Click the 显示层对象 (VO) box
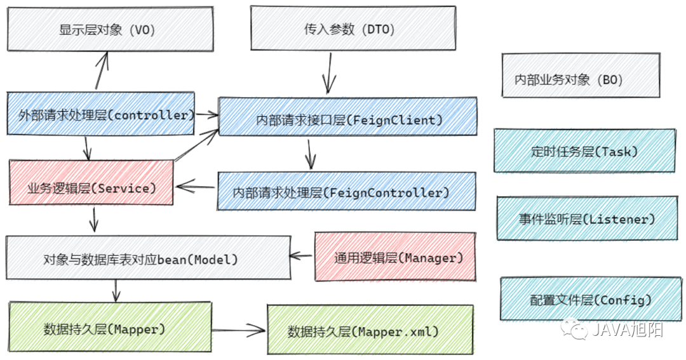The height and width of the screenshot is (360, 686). coord(111,29)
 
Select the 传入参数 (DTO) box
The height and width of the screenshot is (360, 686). coord(353,28)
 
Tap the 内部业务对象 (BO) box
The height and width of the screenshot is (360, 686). coord(581,75)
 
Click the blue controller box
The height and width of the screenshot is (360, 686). coord(100,113)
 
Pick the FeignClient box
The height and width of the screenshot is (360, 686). coord(348,116)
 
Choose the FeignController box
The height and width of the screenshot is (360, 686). coord(347,191)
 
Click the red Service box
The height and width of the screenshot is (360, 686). coord(91,182)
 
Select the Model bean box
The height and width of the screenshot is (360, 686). coord(148,258)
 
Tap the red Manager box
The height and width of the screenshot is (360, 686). coord(395,257)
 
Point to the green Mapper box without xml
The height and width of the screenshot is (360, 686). coord(111,326)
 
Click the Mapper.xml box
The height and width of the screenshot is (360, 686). coord(370,330)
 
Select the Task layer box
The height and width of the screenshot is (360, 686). coord(584,150)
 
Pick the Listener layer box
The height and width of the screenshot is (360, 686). coord(587,218)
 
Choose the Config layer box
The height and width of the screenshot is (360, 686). coord(591,299)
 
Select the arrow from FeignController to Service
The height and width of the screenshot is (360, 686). coord(196,187)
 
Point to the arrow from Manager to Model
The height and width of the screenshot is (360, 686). coord(301,255)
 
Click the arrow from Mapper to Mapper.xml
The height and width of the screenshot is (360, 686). coord(239,330)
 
